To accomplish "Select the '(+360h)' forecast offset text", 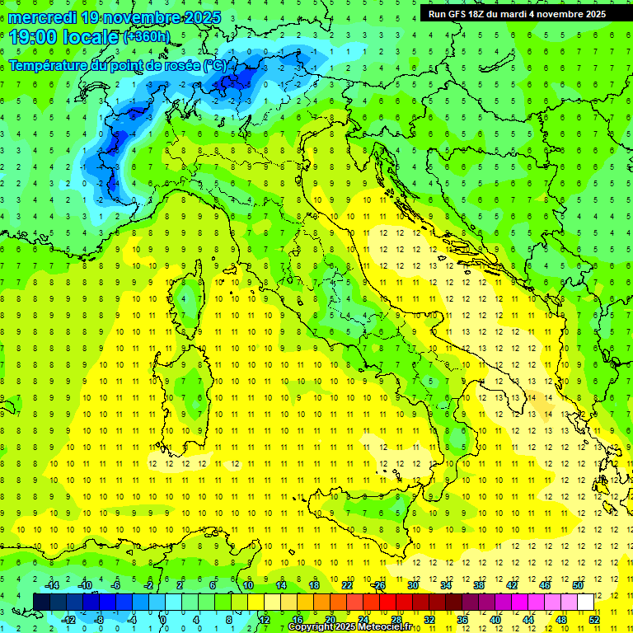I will (148, 37).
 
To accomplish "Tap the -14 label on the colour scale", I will (51, 585).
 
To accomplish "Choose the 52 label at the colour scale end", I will (594, 619).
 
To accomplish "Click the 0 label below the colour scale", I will (163, 619).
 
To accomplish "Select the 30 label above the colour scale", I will (412, 585).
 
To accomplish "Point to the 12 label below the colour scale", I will (264, 619).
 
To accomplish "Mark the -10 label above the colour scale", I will (84, 585).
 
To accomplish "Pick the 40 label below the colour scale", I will (495, 619).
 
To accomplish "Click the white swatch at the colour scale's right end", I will (585, 602).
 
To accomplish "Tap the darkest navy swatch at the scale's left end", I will (41, 602).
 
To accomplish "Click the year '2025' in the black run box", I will (591, 14).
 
